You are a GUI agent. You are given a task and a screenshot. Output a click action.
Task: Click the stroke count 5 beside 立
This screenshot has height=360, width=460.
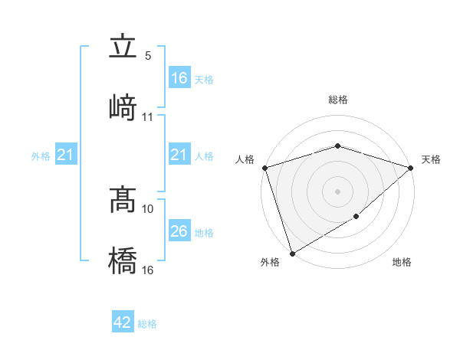coord(147,56)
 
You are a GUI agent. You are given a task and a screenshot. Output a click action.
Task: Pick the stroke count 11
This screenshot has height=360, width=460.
coord(148,117)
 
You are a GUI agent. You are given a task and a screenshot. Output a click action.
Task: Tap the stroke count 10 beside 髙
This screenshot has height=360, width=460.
coord(148,208)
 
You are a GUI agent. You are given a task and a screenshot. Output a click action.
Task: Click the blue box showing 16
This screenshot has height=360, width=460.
coord(179,78)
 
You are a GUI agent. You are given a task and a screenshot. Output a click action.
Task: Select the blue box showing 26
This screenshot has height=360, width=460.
coord(179,231)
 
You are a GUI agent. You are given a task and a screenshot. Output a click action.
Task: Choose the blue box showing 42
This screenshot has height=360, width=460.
coord(123,322)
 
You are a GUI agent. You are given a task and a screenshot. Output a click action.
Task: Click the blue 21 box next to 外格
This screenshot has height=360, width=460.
coord(66,155)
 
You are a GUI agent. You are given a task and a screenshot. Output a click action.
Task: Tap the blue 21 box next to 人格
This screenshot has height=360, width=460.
coord(179,155)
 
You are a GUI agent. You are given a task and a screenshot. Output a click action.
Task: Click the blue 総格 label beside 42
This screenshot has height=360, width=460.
coord(147,324)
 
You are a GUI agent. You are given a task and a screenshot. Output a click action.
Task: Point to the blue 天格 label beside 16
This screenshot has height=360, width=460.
coord(204,79)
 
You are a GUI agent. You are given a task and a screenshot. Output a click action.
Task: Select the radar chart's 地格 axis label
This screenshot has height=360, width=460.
coord(402,263)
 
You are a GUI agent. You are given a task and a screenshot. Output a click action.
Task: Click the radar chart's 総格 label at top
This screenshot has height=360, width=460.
coord(337,100)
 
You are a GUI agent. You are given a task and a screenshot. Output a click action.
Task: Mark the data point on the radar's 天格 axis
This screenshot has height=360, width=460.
coord(411,168)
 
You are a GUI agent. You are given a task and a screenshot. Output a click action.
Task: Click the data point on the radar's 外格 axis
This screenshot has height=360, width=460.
coord(291,254)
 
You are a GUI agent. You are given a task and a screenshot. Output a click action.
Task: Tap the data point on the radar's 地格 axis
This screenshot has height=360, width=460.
coord(356,217)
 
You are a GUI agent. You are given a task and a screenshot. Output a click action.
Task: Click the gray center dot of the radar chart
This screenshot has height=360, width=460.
coord(337,191)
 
